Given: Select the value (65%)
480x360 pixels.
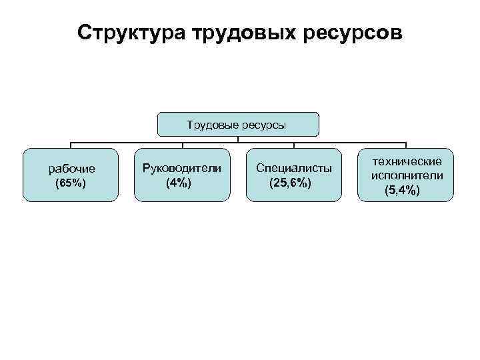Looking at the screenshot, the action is (x=71, y=183).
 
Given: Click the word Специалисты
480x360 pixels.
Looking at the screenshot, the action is (x=294, y=168).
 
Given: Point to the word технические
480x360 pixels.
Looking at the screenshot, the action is (x=406, y=162).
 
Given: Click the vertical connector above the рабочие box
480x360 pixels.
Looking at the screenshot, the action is (x=71, y=145).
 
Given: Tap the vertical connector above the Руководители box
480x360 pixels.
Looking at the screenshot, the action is (x=183, y=145).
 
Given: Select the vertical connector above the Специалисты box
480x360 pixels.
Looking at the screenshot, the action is (x=294, y=145).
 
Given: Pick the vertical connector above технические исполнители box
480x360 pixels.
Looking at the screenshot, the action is (x=406, y=145).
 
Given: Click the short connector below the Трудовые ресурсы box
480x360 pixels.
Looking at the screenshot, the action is (x=239, y=139).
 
